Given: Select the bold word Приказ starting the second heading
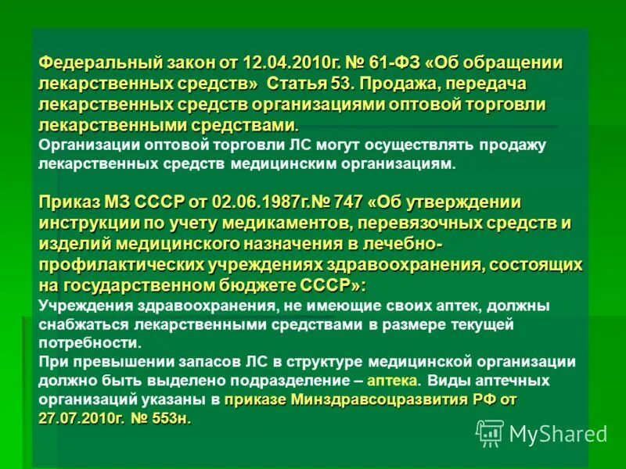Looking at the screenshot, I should [x=68, y=203].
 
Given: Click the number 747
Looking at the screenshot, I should [x=347, y=203].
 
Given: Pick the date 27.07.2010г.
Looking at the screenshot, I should [x=81, y=419].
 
